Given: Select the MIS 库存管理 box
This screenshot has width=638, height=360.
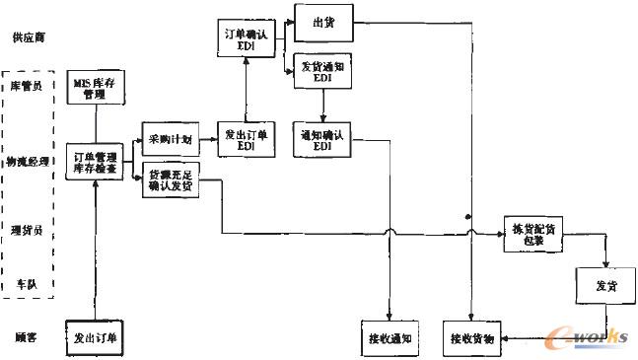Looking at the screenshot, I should point(96,89).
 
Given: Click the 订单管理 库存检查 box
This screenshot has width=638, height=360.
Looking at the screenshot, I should point(95,161).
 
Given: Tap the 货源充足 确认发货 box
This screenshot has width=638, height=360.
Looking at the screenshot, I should point(170,179).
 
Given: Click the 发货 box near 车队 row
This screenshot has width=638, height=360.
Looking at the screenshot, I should point(604,286).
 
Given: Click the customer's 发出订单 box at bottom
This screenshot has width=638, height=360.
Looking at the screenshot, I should point(97,337).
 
